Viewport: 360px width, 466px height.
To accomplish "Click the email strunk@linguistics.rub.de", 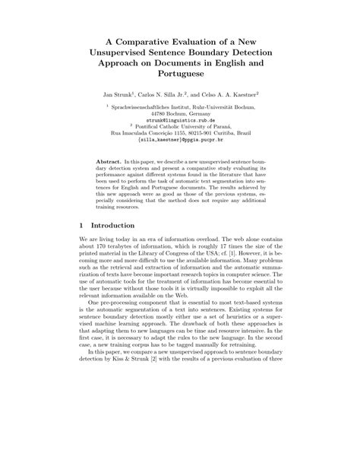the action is tap(179, 120).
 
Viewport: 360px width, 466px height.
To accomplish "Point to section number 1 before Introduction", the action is tap(81, 226).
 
